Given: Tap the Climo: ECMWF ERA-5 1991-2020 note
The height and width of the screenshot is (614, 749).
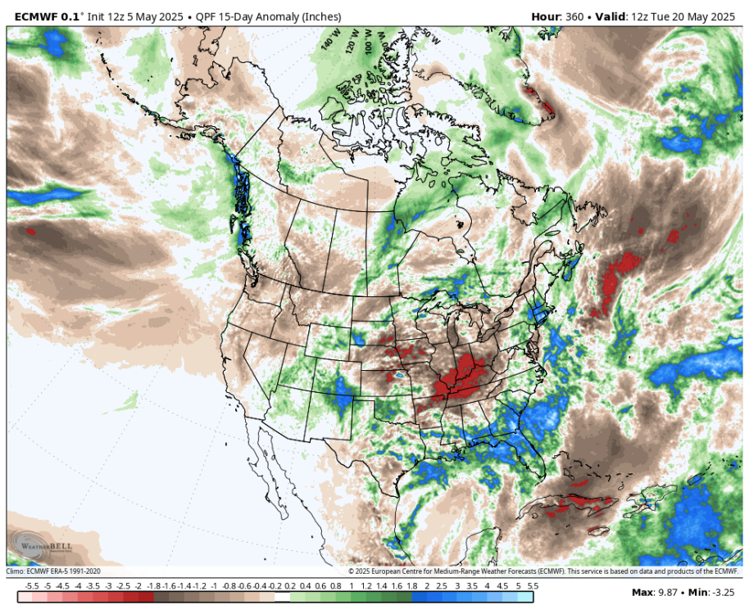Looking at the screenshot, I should click(x=54, y=571).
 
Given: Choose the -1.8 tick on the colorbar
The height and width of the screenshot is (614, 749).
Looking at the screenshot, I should click(x=152, y=585).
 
